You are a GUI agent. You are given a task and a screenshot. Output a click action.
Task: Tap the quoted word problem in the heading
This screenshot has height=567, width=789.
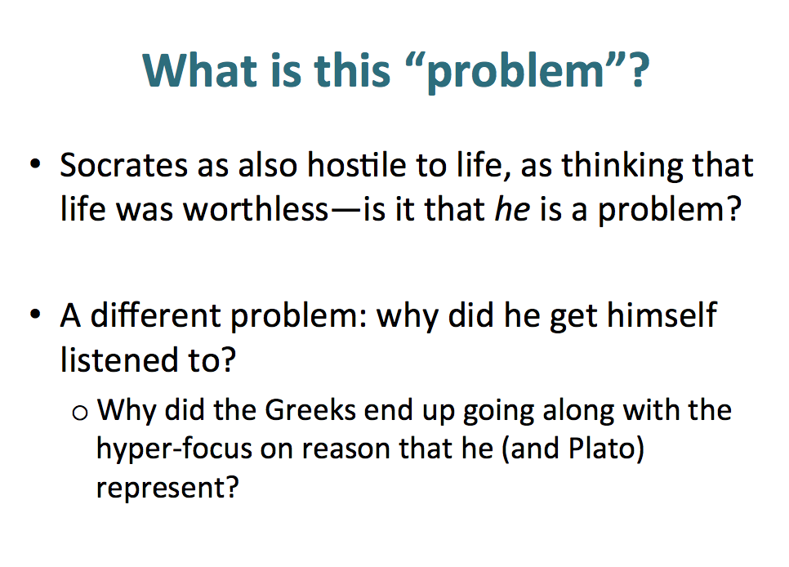click(x=515, y=73)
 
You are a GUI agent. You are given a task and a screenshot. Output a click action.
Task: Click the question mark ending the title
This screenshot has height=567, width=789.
click(x=639, y=70)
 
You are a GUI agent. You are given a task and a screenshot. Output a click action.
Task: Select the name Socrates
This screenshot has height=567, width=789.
click(x=124, y=165)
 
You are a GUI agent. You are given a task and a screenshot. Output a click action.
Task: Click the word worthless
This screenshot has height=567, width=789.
click(x=256, y=208)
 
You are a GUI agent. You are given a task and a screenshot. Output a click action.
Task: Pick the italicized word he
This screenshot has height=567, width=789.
click(x=513, y=208)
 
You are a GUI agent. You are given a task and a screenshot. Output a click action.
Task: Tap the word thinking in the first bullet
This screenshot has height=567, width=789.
click(x=622, y=166)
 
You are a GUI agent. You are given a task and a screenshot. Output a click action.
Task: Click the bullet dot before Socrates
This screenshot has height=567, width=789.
click(x=35, y=163)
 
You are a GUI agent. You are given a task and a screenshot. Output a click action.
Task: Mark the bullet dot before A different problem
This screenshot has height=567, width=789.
click(x=35, y=315)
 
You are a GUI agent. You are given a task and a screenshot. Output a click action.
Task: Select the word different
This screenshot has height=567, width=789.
click(x=155, y=315)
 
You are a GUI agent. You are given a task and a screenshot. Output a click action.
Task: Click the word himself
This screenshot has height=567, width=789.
click(x=662, y=315)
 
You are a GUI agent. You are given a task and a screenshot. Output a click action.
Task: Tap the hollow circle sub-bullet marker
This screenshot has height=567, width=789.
click(x=80, y=413)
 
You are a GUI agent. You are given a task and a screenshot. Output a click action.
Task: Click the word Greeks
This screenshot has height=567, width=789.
click(x=310, y=410)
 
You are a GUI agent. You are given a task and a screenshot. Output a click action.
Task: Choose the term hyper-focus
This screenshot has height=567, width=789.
click(x=174, y=449)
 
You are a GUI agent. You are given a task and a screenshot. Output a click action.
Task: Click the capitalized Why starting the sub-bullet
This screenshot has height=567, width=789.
click(x=127, y=411)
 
